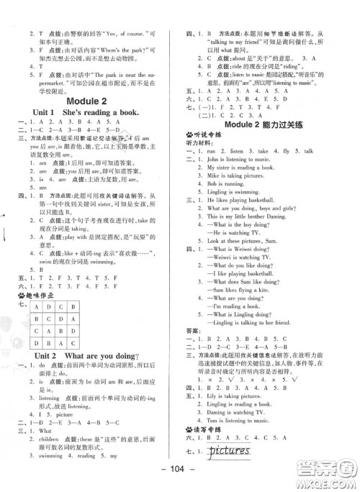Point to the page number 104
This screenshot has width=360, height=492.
(x=180, y=481)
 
